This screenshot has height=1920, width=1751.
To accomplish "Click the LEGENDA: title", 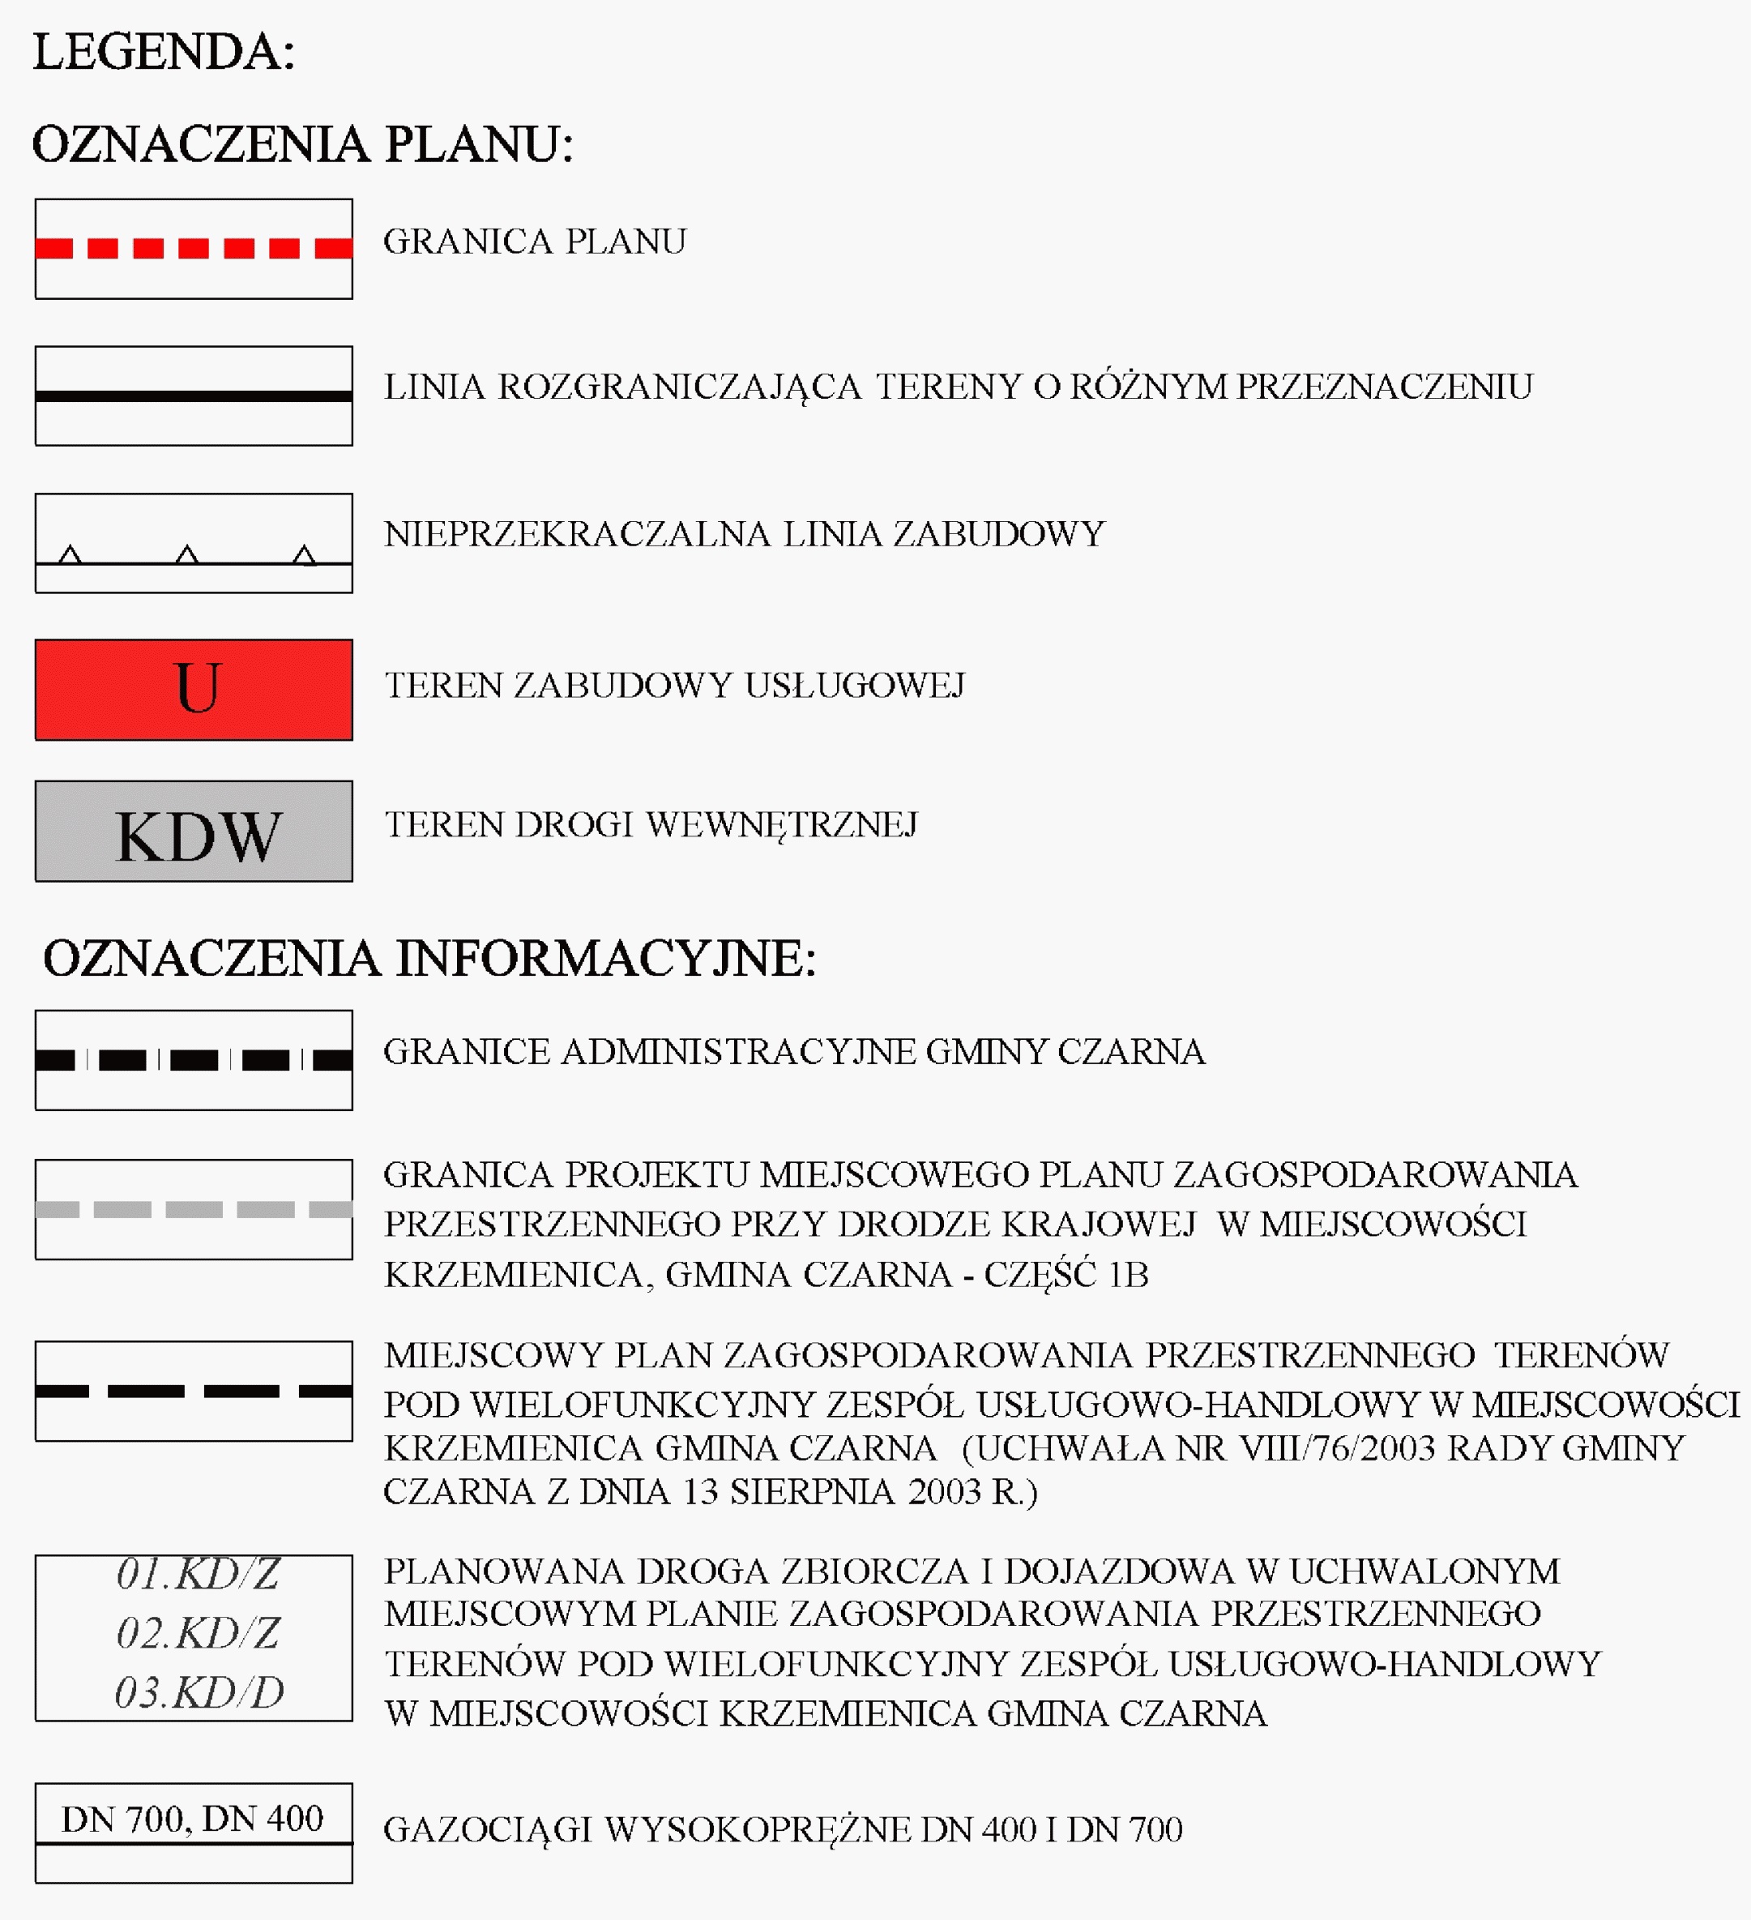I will click(164, 53).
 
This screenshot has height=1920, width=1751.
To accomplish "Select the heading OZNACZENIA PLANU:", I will click(303, 145).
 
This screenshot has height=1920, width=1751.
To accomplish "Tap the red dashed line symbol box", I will click(194, 249).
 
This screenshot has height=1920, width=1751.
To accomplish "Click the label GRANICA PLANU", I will click(534, 242).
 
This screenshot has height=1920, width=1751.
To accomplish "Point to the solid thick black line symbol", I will click(194, 396).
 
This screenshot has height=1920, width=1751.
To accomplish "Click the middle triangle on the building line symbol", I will click(187, 554).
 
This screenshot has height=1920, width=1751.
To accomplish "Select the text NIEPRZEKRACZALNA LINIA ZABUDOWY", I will click(744, 534).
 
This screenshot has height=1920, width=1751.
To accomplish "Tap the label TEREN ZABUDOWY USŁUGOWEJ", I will click(674, 686).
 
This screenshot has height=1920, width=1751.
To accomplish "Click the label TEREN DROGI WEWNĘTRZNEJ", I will click(651, 825).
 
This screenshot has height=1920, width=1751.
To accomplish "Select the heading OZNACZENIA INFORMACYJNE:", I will click(429, 958).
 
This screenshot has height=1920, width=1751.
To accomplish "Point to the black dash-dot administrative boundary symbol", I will click(194, 1060).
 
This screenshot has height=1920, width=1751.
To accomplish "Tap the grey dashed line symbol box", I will click(194, 1209).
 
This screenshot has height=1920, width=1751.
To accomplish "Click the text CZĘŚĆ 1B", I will click(1066, 1274).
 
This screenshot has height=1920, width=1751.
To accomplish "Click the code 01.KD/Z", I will click(198, 1573).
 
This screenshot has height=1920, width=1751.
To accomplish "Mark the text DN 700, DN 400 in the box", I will click(192, 1818).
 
